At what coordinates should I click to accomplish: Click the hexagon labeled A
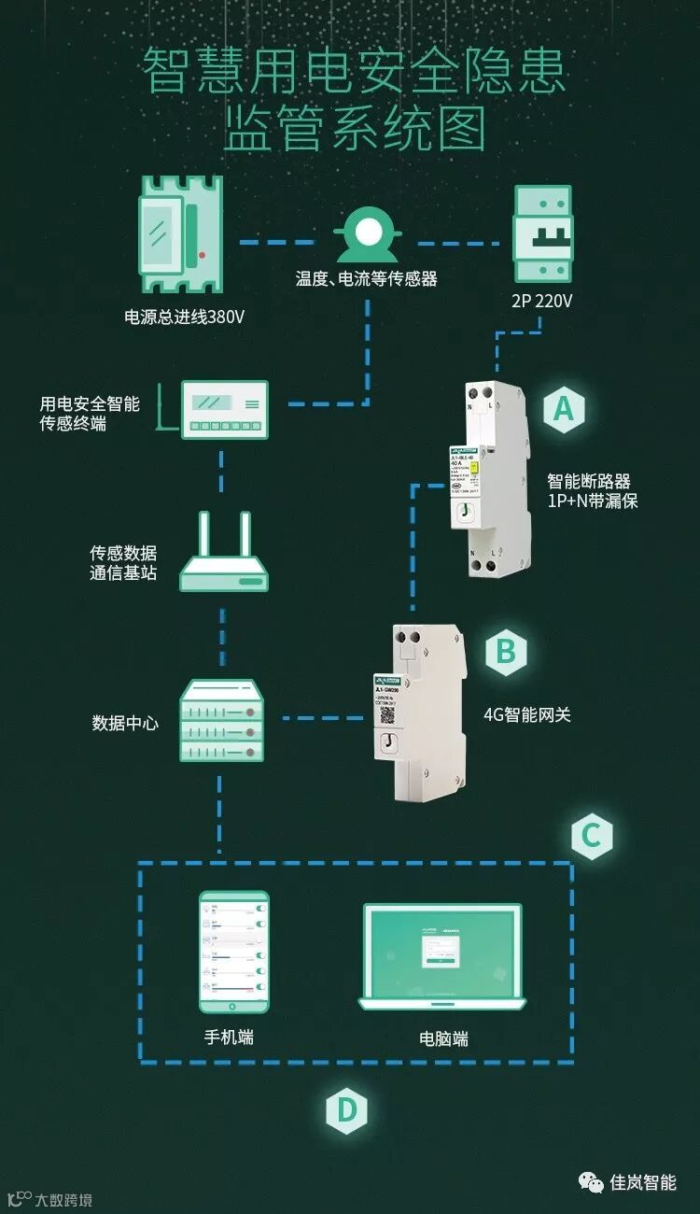563,409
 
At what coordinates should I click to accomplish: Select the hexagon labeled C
591,835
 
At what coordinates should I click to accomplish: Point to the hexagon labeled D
346,1110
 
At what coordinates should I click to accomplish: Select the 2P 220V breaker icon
542,233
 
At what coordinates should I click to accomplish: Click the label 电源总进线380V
184,317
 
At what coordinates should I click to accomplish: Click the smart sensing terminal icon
224,408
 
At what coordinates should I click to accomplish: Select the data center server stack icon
221,720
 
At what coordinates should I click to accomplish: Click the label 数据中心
125,722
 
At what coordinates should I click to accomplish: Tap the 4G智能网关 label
526,715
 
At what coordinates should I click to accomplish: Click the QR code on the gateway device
386,716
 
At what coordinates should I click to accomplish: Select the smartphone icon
233,951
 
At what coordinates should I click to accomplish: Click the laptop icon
442,957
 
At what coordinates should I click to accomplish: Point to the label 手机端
229,1037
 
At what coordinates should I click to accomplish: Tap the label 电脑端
443,1038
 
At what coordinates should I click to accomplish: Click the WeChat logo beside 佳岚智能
591,1182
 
